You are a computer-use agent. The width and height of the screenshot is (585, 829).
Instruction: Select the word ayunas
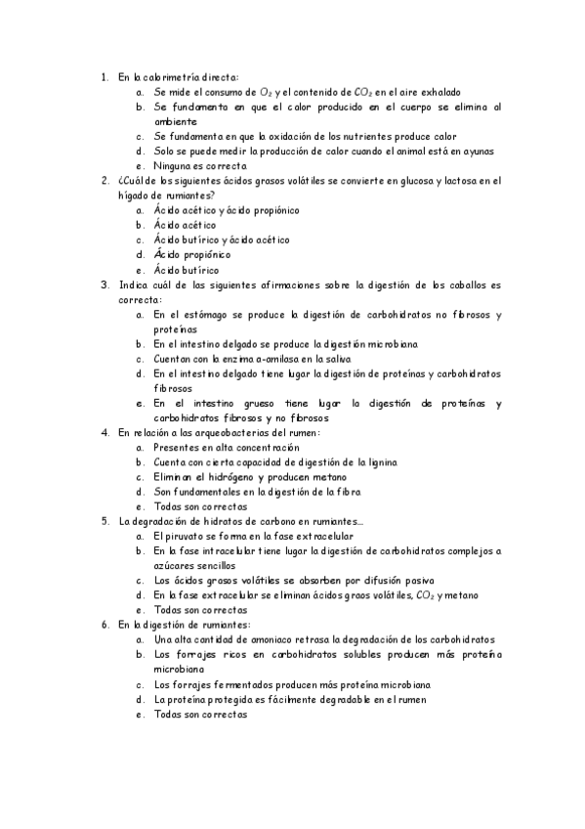coord(478,152)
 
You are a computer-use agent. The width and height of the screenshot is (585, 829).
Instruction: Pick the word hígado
coord(134,196)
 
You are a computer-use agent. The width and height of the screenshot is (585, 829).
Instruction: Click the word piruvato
coord(184,537)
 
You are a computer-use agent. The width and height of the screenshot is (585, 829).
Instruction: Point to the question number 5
coord(104,522)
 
